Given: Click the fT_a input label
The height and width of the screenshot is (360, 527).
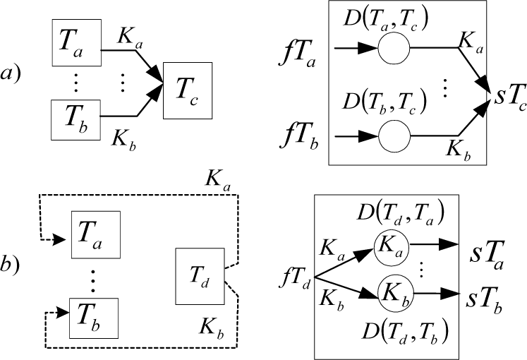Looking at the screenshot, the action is (297, 55).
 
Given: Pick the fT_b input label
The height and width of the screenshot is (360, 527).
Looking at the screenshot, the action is (299, 137).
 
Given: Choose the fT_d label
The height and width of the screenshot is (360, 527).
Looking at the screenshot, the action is (294, 280).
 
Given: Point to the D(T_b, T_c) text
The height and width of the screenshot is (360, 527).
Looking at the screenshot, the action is (384, 102).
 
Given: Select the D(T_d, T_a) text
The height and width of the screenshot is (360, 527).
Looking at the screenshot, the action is (401, 213).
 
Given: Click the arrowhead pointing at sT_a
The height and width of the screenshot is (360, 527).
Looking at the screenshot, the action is (449, 244).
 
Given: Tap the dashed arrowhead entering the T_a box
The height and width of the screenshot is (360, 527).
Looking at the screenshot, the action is (61, 240).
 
